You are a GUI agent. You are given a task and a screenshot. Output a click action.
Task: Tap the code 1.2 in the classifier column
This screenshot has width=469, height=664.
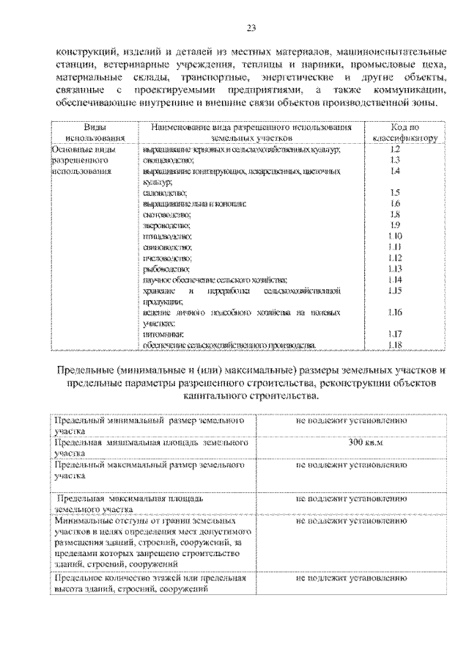(x=394, y=149)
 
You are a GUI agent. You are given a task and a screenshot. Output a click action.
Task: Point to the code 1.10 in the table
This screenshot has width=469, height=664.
(x=394, y=236)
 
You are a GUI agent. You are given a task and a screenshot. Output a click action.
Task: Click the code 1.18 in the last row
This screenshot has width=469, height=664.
(x=394, y=346)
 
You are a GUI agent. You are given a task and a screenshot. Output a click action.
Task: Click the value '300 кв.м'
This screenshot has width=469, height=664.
(x=351, y=443)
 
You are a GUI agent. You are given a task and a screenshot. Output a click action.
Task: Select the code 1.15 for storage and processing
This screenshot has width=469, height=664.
(x=394, y=291)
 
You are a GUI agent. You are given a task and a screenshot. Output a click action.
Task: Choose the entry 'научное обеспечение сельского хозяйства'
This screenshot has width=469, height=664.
(x=215, y=280)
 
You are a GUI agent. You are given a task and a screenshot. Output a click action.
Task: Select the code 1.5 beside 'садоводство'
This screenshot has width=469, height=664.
(x=394, y=192)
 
